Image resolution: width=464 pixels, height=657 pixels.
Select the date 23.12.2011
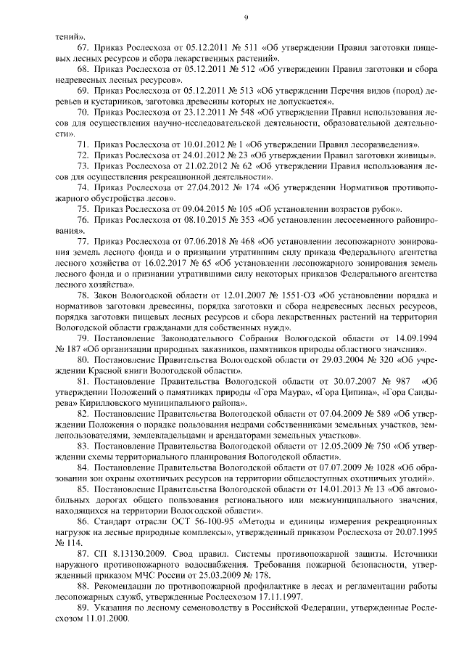[192, 114]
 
